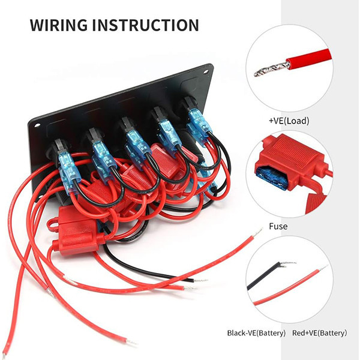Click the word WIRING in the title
59,25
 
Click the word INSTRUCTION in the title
146,25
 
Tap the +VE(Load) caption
289,121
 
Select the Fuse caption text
278,226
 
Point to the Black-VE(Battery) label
256,333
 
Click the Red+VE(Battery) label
319,333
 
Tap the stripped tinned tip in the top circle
271,70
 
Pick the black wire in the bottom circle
266,275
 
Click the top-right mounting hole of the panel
206,71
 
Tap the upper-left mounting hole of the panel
37,125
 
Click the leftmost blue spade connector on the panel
69,171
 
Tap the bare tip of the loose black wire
200,281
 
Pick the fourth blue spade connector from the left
169,136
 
